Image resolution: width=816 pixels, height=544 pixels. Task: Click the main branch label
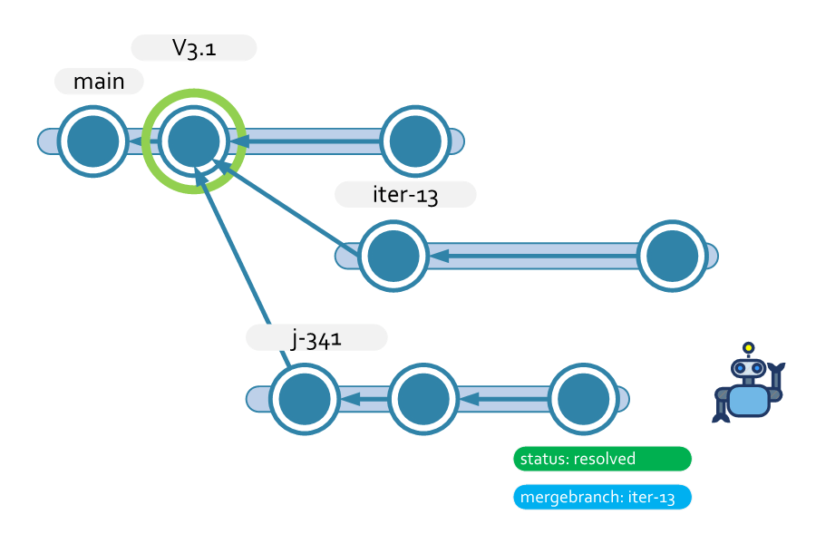pos(99,82)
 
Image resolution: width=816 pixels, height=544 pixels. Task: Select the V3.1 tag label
pos(194,48)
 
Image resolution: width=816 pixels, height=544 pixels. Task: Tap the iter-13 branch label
pos(405,195)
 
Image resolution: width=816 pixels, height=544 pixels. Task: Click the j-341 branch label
pos(316,338)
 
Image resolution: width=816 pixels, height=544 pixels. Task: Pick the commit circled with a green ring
pos(194,141)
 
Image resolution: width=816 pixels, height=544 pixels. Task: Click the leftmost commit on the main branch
pos(92,141)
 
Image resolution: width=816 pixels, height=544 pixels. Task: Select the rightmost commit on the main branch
pos(415,141)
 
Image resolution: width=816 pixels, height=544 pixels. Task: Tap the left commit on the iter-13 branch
pos(393,257)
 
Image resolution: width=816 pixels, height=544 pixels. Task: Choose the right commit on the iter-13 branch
pos(673,257)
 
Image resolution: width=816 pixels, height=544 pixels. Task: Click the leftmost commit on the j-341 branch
pos(304,399)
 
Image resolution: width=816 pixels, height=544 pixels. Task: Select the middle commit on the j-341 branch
pos(424,399)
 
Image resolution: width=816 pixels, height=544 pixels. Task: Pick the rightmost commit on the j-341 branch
pos(584,399)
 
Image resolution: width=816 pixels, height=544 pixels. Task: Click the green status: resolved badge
pos(602,459)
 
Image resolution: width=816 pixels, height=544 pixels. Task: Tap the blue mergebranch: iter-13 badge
pos(602,498)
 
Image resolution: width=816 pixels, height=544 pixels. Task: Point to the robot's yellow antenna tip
pos(748,347)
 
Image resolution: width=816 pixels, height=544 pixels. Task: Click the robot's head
pos(748,368)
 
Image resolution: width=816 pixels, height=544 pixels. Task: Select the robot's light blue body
pos(748,399)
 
